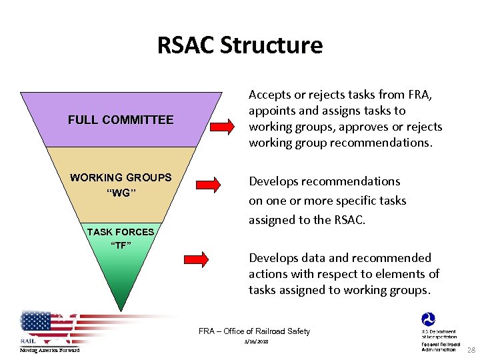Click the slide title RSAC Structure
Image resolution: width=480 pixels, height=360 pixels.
(x=239, y=45)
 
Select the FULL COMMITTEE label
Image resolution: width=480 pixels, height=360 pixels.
(x=121, y=120)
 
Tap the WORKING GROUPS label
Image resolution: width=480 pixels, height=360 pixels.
(x=121, y=177)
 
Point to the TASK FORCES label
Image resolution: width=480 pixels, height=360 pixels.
(x=121, y=232)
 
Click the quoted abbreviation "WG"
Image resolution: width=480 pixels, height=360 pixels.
(x=121, y=193)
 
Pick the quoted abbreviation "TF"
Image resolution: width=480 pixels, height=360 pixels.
(x=121, y=244)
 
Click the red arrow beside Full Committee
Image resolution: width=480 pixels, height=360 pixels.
(x=221, y=125)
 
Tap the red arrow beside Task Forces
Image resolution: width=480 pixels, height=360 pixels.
(x=197, y=257)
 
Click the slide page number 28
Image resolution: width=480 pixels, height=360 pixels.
(x=471, y=350)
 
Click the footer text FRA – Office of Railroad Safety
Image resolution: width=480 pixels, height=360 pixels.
(x=254, y=331)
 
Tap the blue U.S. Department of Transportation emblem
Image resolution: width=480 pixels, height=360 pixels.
(x=427, y=320)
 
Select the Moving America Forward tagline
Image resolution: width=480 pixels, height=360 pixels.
(x=49, y=350)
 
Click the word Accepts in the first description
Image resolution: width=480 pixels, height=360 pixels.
(x=271, y=95)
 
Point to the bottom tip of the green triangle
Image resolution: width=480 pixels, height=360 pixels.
(x=121, y=310)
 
